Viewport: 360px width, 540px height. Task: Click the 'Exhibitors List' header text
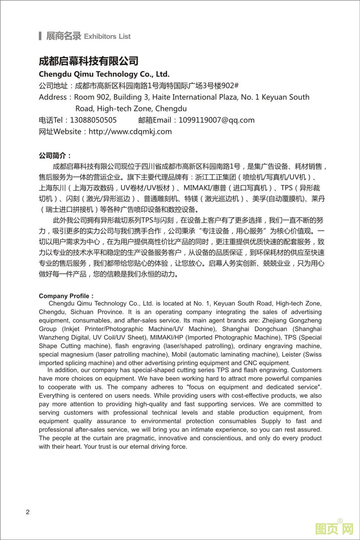point(107,36)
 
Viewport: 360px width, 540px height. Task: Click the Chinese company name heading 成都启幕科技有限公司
point(89,61)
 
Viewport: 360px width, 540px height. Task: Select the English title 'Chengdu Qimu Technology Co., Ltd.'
point(104,74)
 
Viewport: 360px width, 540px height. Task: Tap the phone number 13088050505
point(93,120)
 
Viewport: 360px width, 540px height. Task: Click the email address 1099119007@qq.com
point(216,120)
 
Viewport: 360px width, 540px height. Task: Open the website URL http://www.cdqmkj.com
point(130,131)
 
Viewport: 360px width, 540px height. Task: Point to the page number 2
point(28,512)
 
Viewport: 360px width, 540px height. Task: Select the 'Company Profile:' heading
point(66,296)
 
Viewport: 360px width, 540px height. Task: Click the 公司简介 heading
point(55,156)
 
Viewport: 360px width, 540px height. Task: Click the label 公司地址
point(54,86)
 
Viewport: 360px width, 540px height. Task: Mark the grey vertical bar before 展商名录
point(40,36)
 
